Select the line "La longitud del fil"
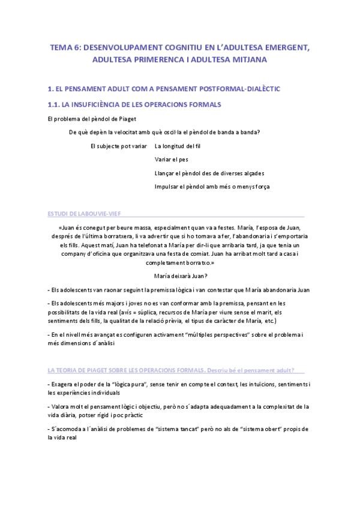[x=178, y=146]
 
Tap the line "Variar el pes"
[x=170, y=160]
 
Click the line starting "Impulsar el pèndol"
[x=212, y=187]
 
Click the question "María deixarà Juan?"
[x=181, y=276]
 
